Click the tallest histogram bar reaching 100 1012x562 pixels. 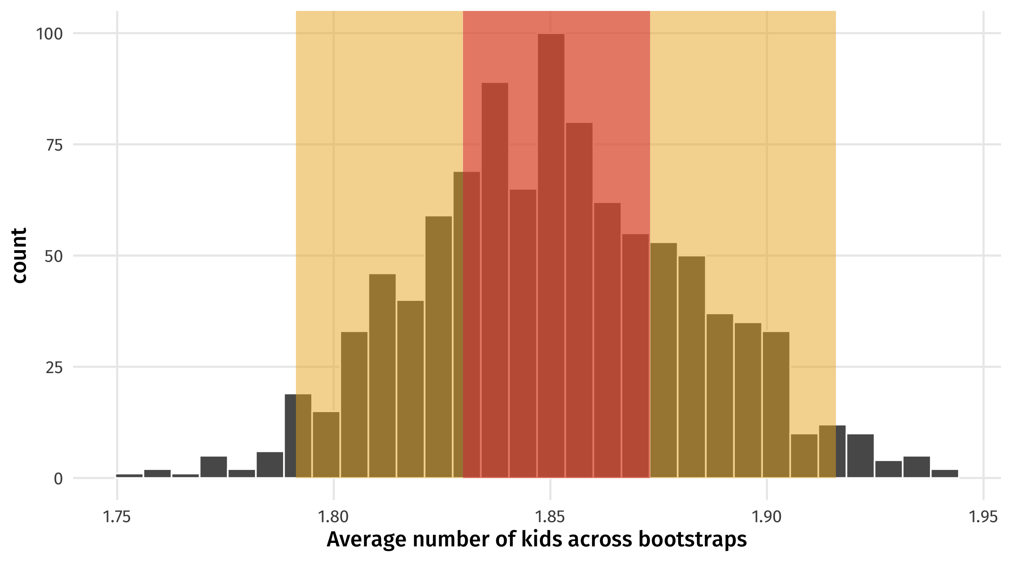551,255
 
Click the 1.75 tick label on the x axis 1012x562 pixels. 116,517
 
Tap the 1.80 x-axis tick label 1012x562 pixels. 333,517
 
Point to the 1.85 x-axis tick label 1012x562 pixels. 550,517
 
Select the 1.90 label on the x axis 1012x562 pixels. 766,517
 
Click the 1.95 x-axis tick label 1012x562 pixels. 983,517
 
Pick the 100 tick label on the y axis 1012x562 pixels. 49,34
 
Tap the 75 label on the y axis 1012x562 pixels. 54,145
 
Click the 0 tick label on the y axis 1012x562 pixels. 58,479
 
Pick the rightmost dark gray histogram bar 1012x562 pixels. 944,473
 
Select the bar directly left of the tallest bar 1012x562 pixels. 523,334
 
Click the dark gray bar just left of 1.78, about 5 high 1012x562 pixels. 213,467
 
